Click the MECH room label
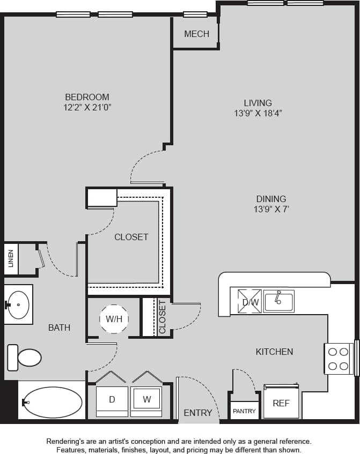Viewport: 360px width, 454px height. (x=196, y=34)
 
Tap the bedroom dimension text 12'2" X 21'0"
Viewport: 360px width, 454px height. (x=87, y=107)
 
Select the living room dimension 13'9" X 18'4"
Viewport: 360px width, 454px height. (x=258, y=113)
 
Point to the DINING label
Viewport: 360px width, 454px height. (x=271, y=198)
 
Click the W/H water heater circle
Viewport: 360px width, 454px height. (x=114, y=319)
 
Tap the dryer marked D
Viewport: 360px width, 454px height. (x=112, y=399)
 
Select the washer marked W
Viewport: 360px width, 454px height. (x=146, y=399)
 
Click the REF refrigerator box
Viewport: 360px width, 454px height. (x=281, y=403)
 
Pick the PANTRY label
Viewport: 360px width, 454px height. (x=244, y=411)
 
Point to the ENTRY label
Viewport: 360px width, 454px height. (x=198, y=413)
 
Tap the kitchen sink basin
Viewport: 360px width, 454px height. (x=278, y=302)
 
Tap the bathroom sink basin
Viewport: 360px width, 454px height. (x=19, y=304)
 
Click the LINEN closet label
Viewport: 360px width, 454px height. (x=11, y=259)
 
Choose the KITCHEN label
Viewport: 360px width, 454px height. (x=274, y=352)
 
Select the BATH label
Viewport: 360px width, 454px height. (x=59, y=327)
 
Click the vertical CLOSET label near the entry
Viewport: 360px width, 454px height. (x=162, y=317)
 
